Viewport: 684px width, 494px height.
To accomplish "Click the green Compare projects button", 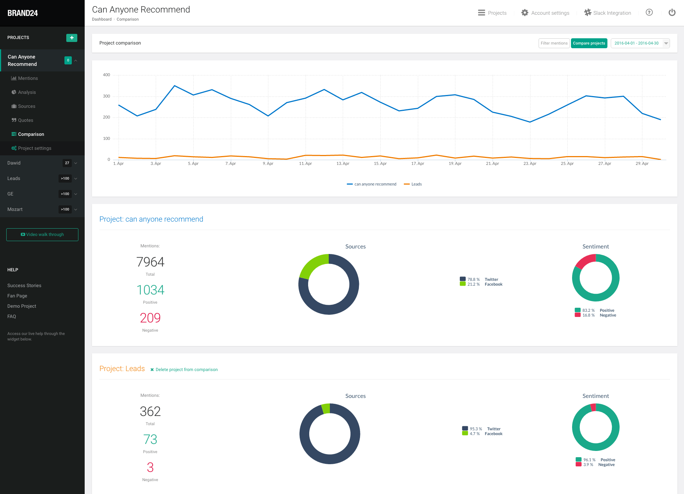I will [589, 43].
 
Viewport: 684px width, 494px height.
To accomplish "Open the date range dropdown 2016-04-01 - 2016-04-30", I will [640, 43].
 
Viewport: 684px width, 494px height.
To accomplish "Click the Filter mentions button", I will [554, 43].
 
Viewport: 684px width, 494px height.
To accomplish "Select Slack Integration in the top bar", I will [608, 13].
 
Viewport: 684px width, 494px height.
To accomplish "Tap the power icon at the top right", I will [672, 13].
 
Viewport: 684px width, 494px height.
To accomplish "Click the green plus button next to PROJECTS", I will [72, 38].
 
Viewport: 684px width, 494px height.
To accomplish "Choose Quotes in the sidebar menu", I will [25, 120].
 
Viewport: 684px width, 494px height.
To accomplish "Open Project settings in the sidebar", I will [35, 148].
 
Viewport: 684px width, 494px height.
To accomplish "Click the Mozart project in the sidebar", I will [15, 209].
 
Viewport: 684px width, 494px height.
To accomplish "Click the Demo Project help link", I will [22, 306].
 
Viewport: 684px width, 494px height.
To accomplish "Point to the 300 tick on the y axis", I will [106, 96].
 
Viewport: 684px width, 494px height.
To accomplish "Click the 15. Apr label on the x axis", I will [380, 164].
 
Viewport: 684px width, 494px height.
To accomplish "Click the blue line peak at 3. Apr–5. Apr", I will [175, 86].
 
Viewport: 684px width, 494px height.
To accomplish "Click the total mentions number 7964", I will [150, 262].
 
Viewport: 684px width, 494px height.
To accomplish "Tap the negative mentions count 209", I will [150, 318].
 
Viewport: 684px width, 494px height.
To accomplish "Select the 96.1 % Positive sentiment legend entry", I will [596, 460].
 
